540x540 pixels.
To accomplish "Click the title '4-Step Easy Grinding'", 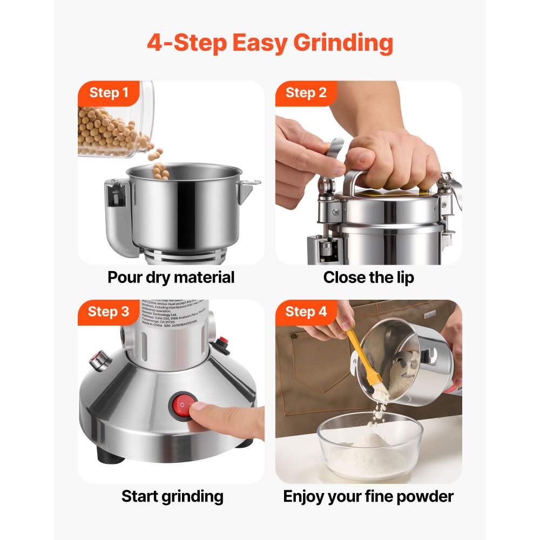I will coord(269,43).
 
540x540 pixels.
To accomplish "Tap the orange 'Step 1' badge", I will coord(109,93).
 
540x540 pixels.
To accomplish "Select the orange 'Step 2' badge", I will coord(306,93).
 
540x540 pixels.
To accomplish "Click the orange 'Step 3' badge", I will coord(109,312).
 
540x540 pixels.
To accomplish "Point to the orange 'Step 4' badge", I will coord(306,312).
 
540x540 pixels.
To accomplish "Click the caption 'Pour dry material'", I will coord(171,278).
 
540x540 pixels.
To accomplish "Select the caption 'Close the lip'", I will coord(368,278).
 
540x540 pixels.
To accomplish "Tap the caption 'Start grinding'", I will coord(172,496).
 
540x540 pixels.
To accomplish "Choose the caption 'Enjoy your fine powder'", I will coord(368,496).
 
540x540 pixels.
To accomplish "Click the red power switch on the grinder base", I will coord(184,406).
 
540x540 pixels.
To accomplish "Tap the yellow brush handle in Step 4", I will coord(359,354).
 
